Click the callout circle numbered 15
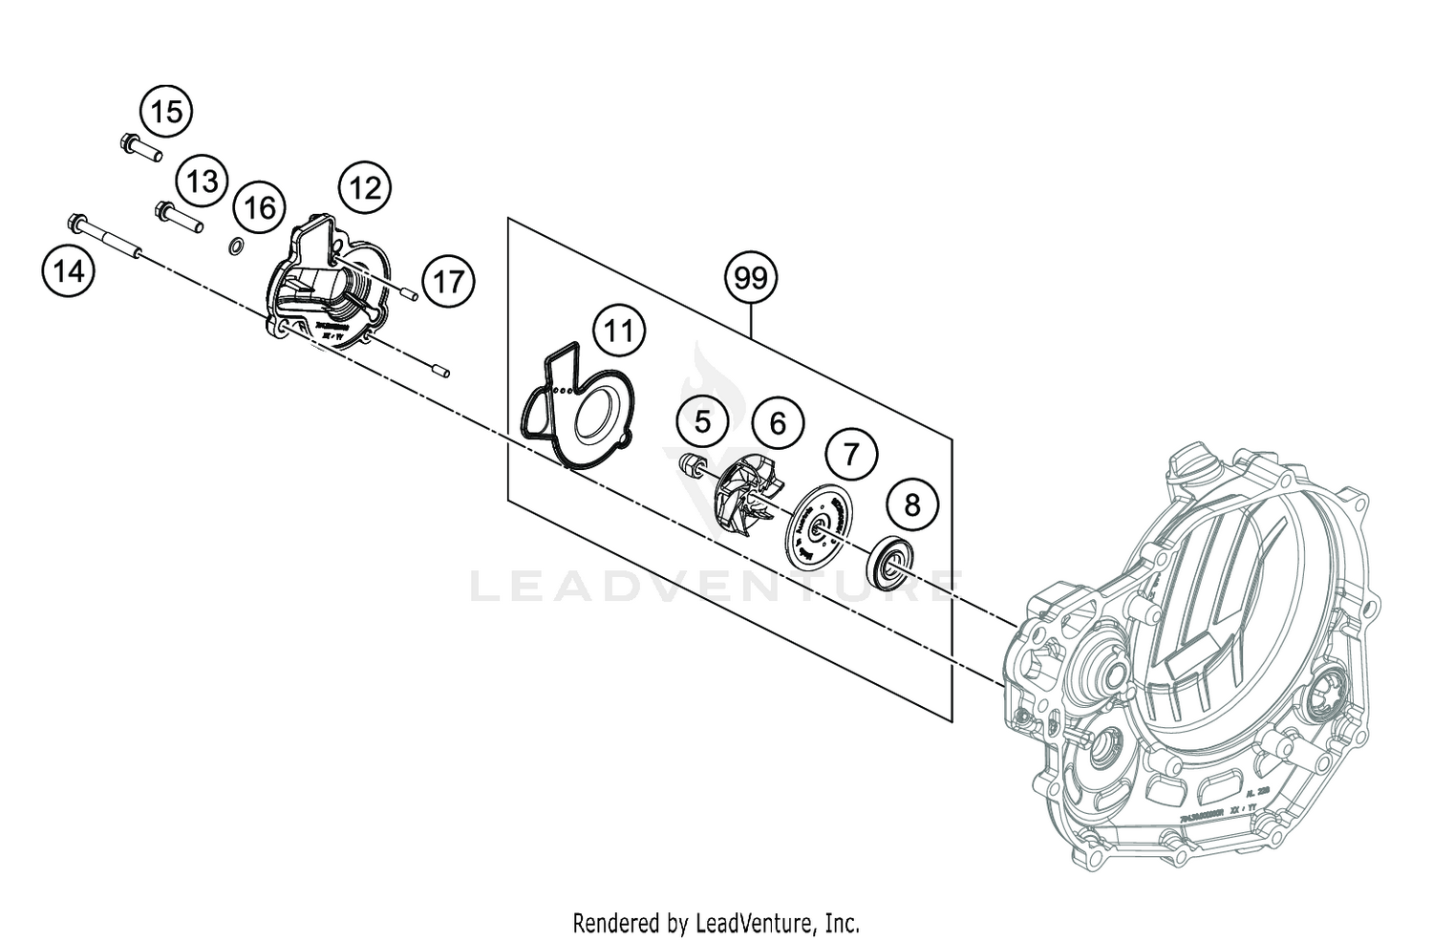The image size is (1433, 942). pos(166,112)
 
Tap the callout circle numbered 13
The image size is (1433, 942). pos(202,182)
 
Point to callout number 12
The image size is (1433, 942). pos(365,187)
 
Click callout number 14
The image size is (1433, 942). pos(68,272)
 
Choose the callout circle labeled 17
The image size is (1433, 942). pos(448,282)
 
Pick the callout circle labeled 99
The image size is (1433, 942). pos(751,278)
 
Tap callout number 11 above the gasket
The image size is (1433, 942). pos(619,332)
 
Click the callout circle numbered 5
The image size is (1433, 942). pos(702,421)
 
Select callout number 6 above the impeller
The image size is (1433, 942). pos(778,421)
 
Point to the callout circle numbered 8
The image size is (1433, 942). pos(912,503)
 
